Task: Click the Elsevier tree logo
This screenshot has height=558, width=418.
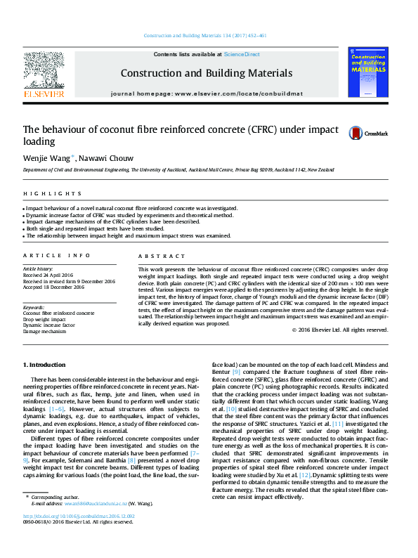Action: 44,71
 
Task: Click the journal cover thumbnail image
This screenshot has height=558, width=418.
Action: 368,72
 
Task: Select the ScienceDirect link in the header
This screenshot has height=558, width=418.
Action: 242,54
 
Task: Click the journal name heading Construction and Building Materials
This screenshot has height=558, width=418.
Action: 207,73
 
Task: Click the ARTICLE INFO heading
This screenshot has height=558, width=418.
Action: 57,255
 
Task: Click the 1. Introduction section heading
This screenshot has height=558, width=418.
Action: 45,365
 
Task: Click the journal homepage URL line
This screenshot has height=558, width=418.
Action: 206,93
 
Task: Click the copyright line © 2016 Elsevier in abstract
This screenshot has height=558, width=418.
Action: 339,330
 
